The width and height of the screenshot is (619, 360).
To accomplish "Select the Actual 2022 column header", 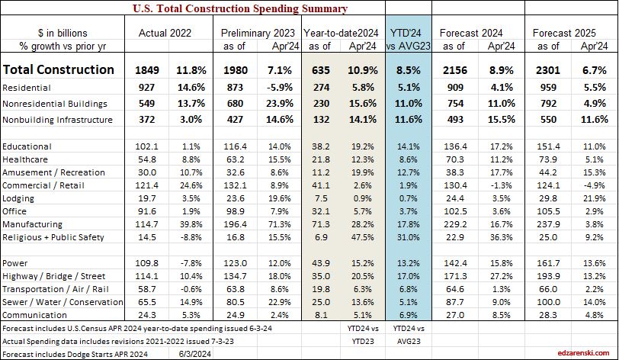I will click(x=164, y=34).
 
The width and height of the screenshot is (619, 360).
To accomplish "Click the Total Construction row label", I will click(x=59, y=69).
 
